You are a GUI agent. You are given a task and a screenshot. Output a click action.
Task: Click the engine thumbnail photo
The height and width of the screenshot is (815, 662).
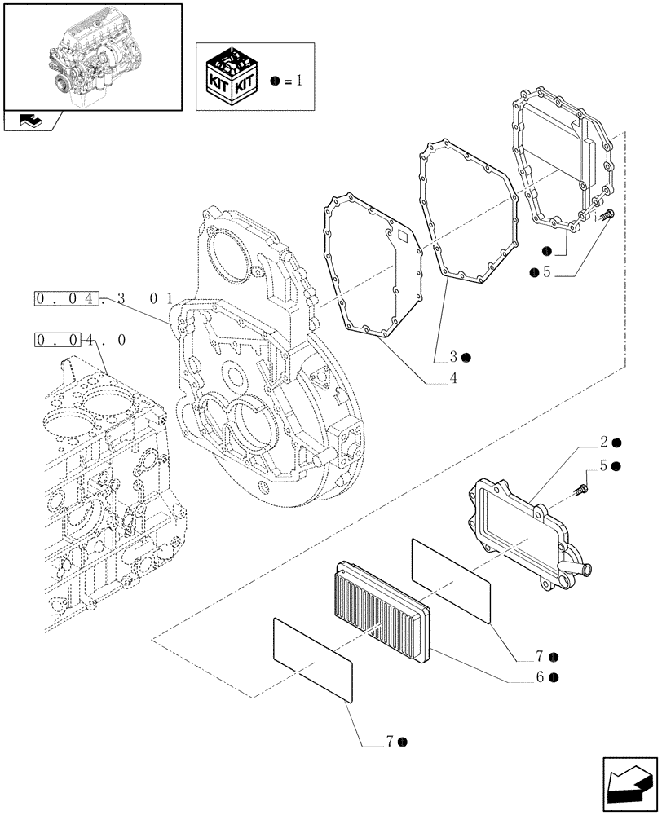pos(91,55)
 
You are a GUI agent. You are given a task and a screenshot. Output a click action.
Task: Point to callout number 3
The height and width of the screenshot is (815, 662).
pos(453,356)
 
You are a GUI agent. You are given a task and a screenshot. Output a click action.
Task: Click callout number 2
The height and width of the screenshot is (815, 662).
pos(604,443)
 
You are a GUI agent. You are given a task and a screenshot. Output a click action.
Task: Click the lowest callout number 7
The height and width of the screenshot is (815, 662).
pos(392,741)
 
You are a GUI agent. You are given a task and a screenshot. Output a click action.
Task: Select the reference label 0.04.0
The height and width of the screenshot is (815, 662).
pos(80,339)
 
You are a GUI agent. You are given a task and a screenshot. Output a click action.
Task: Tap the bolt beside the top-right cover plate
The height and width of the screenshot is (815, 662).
pos(611,217)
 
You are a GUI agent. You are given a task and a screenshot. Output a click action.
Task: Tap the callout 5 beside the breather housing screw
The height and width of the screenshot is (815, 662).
pos(604,466)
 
